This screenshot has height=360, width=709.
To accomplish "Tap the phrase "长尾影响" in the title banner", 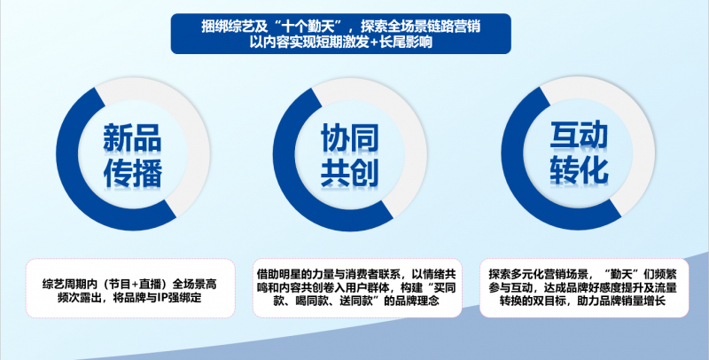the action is (412, 42).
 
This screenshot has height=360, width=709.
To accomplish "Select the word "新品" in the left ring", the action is (132, 137).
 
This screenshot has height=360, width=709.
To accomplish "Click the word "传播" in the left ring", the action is (132, 173).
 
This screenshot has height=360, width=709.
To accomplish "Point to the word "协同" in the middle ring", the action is (349, 137).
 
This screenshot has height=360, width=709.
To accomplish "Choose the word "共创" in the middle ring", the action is (349, 173).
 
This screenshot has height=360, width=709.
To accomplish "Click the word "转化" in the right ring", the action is (579, 171).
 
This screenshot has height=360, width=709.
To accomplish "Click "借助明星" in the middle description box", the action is (276, 274).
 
